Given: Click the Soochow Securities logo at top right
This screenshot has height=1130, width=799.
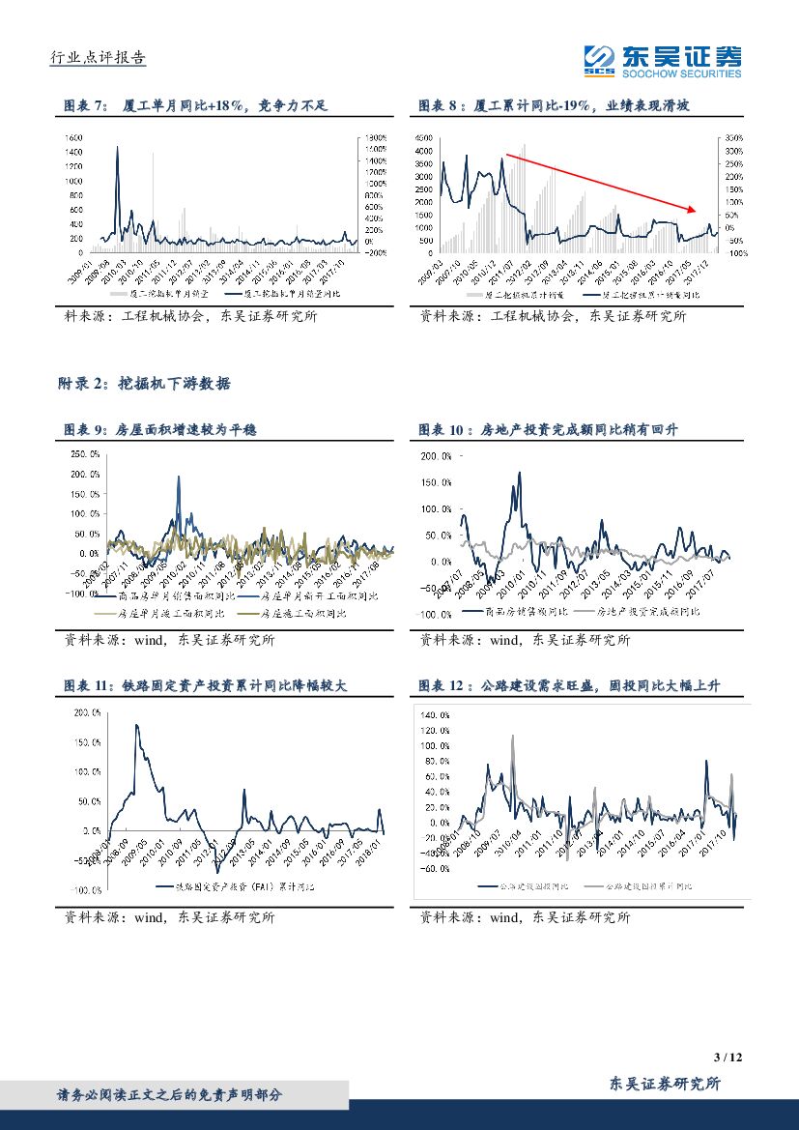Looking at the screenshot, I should pyautogui.click(x=664, y=61).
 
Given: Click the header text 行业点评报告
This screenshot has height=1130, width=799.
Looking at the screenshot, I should pyautogui.click(x=98, y=58).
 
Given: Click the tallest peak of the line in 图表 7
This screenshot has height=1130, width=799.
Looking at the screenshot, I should pyautogui.click(x=118, y=148).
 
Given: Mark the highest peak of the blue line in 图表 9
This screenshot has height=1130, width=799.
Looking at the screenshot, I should pyautogui.click(x=179, y=477).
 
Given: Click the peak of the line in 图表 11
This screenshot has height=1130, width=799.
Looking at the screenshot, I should pyautogui.click(x=136, y=725).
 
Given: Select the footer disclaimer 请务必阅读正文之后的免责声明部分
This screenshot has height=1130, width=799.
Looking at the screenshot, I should pyautogui.click(x=170, y=1095).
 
